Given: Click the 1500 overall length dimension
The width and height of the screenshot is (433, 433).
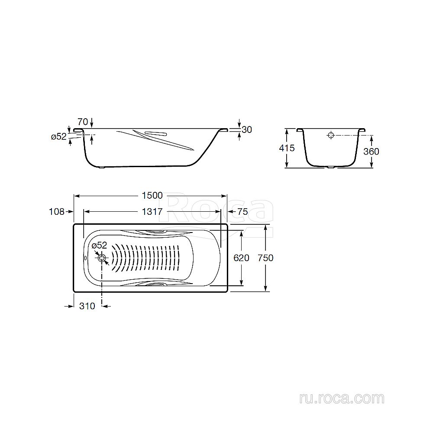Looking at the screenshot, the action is click(x=152, y=196).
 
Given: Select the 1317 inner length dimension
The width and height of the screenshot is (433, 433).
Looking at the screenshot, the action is click(x=152, y=212).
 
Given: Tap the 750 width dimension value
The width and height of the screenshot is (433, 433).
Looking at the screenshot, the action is click(x=265, y=258).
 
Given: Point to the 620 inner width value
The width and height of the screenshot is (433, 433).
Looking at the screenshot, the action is click(x=241, y=258).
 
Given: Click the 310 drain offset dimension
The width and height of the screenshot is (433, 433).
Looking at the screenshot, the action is click(x=87, y=306).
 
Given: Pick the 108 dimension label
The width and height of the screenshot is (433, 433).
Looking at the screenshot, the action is click(x=57, y=212).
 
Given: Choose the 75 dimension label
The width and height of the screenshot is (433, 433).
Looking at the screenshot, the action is click(x=243, y=212).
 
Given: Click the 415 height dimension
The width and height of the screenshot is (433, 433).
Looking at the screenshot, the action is click(x=287, y=148).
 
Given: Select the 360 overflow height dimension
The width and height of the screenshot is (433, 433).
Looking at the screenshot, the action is click(x=371, y=151).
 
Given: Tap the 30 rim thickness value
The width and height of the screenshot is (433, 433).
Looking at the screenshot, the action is click(x=247, y=129).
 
